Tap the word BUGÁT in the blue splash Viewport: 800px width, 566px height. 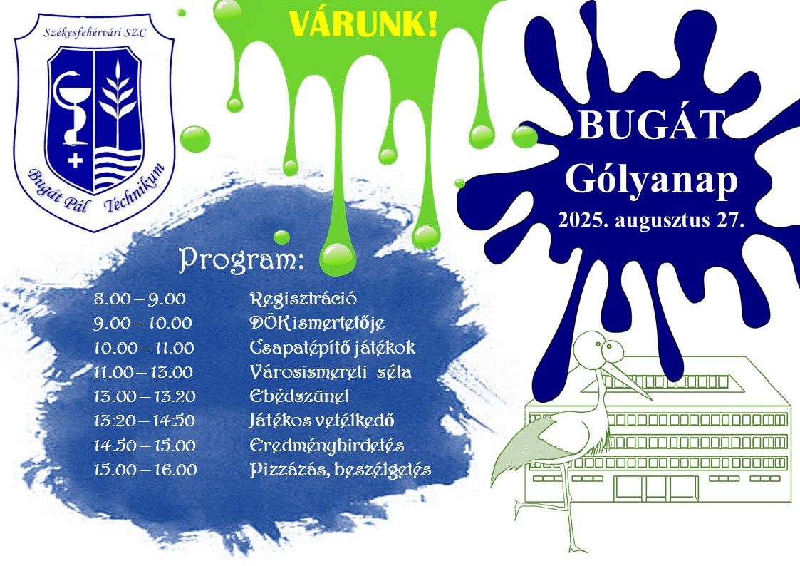tap(652, 125)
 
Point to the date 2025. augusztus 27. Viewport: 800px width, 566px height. tap(650, 220)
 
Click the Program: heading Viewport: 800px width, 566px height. tap(241, 259)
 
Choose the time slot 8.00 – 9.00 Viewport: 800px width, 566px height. tap(140, 299)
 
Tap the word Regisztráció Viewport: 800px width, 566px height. tap(303, 299)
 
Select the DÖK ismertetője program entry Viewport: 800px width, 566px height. tap(317, 323)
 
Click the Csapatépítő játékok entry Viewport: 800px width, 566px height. tap(332, 348)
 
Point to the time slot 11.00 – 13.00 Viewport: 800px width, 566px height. tap(143, 372)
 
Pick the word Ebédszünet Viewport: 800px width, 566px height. tap(299, 396)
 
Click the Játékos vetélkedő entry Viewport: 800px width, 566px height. tap(321, 421)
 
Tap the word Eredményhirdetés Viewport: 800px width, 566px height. tap(326, 446)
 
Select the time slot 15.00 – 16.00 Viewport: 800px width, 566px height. tap(145, 470)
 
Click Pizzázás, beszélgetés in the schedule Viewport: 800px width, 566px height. tap(341, 470)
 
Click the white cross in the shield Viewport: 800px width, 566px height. tap(75, 161)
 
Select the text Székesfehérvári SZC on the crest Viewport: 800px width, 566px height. tap(95, 33)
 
